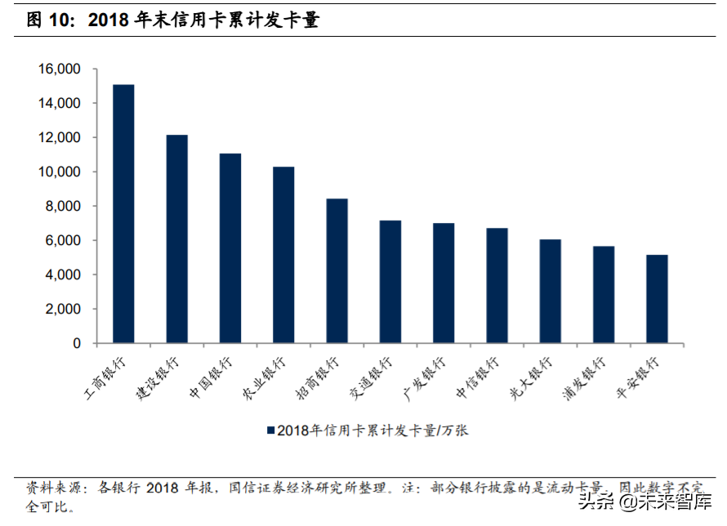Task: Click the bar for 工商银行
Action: click(x=123, y=214)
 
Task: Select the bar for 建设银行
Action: click(x=176, y=239)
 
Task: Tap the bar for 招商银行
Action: click(x=337, y=271)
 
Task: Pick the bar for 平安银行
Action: click(x=657, y=299)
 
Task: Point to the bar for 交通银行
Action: click(x=390, y=282)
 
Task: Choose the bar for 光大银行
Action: click(x=550, y=292)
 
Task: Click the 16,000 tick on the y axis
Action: click(x=58, y=69)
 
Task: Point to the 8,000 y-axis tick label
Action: click(x=62, y=207)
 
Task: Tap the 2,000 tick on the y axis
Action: click(x=62, y=310)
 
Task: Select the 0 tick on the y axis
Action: click(x=78, y=344)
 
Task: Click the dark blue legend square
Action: click(x=270, y=430)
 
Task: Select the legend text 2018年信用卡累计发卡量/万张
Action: click(x=372, y=430)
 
